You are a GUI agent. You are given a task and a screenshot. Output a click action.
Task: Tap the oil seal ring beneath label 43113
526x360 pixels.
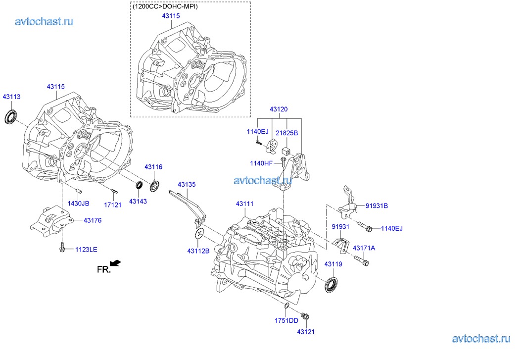tap(11, 117)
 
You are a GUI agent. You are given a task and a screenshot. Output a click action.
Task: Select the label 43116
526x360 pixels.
tap(153, 167)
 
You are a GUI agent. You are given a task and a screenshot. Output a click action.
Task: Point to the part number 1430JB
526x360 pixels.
tap(79, 204)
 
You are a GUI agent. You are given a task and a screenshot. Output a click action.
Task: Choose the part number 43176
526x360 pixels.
tap(93, 220)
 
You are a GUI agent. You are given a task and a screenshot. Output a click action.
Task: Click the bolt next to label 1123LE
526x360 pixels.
tap(62, 248)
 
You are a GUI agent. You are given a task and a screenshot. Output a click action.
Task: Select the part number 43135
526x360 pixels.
tap(187, 185)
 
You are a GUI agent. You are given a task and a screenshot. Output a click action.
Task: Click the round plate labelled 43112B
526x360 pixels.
tap(199, 234)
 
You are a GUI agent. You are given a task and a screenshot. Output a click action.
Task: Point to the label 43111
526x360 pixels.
tap(244, 204)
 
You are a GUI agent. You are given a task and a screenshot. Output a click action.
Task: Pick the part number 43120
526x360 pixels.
tap(279, 109)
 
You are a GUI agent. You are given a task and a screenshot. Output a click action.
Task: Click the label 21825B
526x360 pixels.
tap(287, 133)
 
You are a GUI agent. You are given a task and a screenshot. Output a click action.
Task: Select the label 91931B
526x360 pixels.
tap(377, 206)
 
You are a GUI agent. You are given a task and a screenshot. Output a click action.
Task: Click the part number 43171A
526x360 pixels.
tap(364, 248)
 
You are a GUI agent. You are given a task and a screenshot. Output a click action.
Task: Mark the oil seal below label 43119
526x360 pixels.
tap(332, 286)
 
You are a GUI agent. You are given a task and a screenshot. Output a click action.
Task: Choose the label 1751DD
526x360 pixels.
tap(287, 320)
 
